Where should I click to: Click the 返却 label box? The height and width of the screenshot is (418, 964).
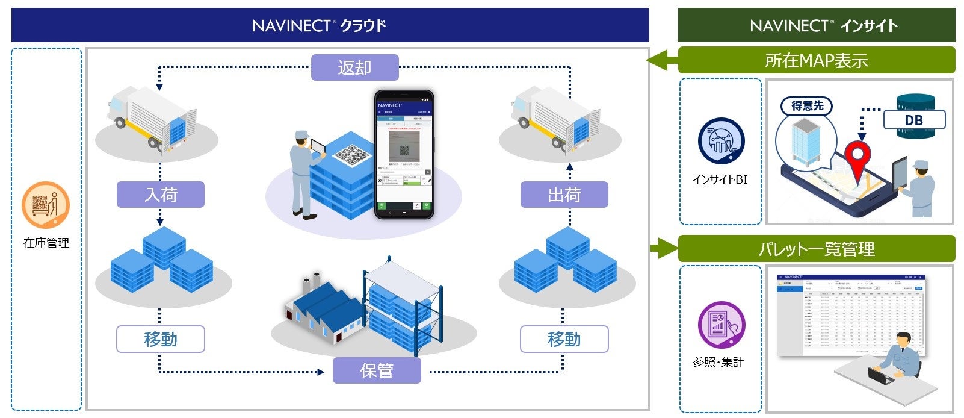point(354,67)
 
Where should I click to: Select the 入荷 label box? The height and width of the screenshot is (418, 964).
point(160,195)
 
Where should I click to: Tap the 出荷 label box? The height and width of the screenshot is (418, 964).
point(564,195)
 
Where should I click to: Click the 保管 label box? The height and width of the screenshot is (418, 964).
point(377,370)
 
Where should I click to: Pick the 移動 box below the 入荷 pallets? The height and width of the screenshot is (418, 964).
point(160,339)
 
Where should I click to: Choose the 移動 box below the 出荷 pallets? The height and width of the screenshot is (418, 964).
point(564,339)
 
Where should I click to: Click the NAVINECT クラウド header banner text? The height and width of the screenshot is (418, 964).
point(319,25)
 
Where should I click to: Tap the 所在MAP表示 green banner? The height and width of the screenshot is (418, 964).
point(816,60)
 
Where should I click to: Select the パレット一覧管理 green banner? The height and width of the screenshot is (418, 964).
point(816,249)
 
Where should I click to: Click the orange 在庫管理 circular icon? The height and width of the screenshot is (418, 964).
point(46,205)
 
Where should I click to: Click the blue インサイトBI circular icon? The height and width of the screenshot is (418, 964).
point(721,142)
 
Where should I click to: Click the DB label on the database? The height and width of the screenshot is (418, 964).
point(913,120)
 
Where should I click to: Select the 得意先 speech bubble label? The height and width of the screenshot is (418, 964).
point(807,106)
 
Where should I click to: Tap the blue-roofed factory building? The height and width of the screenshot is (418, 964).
point(325,310)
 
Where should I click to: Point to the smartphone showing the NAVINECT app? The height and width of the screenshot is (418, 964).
point(404,154)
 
